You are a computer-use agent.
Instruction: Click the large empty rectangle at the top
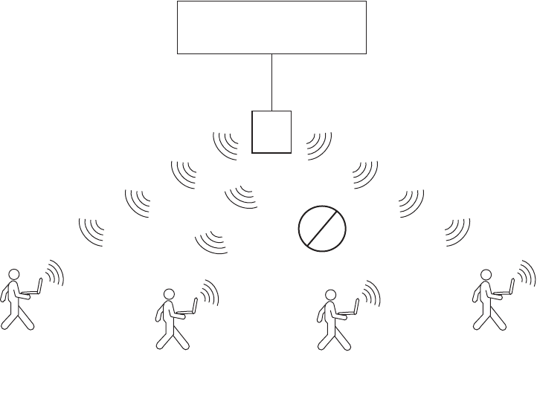[x=271, y=27]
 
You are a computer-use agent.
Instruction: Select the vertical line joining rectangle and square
[x=272, y=82]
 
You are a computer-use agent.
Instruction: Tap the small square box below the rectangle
[x=271, y=131]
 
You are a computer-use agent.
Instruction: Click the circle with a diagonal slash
[x=322, y=228]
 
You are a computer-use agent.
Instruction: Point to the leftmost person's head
[x=13, y=274]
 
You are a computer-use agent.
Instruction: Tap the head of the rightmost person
[x=486, y=274]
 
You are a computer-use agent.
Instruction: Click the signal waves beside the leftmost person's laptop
[x=54, y=273]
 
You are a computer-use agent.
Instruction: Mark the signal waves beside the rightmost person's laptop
[x=526, y=273]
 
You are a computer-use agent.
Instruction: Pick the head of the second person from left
[x=169, y=294]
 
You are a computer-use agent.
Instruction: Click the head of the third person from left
[x=330, y=294]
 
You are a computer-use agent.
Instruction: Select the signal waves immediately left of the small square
[x=227, y=144]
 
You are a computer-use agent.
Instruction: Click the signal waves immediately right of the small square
[x=318, y=144]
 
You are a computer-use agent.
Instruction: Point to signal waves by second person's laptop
[x=209, y=293]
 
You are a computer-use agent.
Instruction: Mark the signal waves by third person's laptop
[x=370, y=293]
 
